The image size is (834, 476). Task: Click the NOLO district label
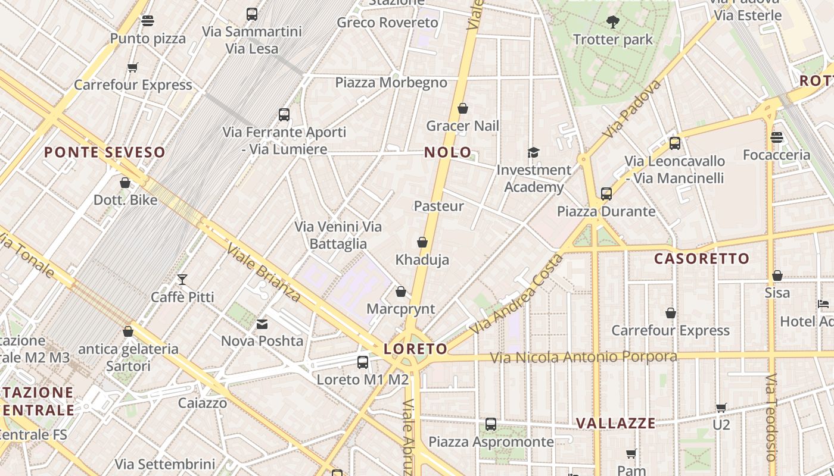(x=447, y=152)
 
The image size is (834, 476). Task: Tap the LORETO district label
(x=415, y=349)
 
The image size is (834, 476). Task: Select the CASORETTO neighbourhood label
(x=701, y=259)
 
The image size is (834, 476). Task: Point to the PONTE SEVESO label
(x=104, y=152)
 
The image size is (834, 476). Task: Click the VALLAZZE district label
(x=615, y=424)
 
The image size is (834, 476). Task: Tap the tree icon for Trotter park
(x=612, y=23)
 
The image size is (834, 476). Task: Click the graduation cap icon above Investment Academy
(x=533, y=153)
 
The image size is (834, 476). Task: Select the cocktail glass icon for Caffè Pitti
(x=182, y=280)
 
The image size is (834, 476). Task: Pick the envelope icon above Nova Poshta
(x=262, y=324)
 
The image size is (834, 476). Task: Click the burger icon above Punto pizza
(x=148, y=21)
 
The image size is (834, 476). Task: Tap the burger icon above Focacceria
(x=776, y=137)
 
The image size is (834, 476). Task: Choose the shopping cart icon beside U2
(x=721, y=408)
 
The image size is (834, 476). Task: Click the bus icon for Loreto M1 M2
(x=362, y=362)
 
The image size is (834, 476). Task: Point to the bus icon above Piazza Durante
(x=606, y=194)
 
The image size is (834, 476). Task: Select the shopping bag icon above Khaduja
(x=422, y=242)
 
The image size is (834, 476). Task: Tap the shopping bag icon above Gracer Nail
(x=463, y=108)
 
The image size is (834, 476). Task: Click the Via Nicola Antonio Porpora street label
(x=583, y=357)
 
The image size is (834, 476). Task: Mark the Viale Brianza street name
(x=263, y=273)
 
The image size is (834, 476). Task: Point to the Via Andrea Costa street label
(x=516, y=294)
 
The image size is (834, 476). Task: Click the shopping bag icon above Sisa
(x=777, y=275)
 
